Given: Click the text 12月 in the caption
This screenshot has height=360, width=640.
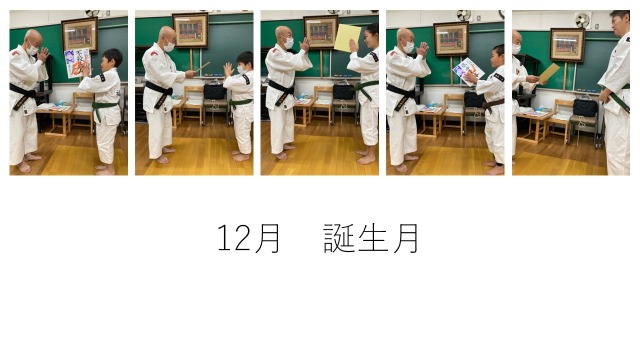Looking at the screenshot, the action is (248, 238).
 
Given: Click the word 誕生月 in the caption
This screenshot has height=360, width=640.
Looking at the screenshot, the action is (371, 238).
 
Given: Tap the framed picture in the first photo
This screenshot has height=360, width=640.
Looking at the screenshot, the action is (80, 34).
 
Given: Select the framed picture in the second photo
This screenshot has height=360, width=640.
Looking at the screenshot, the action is (190, 30).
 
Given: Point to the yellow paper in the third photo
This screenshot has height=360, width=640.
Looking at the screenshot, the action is (347, 38).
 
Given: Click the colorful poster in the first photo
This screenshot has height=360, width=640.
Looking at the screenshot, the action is (76, 62).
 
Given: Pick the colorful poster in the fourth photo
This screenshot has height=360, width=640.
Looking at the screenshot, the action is (468, 71).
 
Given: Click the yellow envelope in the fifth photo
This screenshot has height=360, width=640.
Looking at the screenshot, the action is (549, 73).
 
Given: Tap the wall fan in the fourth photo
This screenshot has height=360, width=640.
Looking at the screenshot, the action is (464, 15).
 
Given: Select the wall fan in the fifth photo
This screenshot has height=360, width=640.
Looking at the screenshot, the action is (582, 20).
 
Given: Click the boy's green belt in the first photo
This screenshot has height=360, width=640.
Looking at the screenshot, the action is (104, 109).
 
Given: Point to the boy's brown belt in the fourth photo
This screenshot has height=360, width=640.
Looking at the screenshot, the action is (493, 104).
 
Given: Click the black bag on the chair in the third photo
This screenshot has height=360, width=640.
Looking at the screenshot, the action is (343, 91).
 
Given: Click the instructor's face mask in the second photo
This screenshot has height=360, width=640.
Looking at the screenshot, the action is (169, 47).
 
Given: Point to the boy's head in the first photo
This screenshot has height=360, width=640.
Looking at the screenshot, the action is (112, 60).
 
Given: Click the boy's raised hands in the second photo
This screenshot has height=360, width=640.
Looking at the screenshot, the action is (228, 70).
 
